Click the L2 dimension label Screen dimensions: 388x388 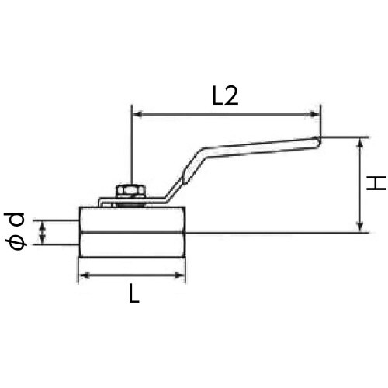(223, 95)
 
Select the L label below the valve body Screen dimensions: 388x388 (133, 295)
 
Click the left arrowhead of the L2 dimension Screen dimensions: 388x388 (137, 115)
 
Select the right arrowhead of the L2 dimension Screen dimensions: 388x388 (316, 115)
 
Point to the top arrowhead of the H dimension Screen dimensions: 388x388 (361, 144)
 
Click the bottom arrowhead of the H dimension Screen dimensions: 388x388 (361, 227)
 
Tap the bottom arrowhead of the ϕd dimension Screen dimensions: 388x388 (44, 241)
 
